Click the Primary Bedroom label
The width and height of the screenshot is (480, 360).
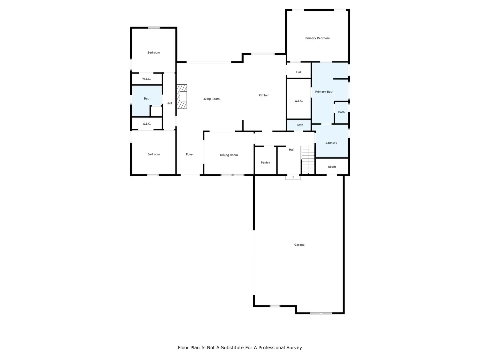[317, 38]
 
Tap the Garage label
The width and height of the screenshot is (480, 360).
[299, 245]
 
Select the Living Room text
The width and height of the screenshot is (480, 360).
[211, 99]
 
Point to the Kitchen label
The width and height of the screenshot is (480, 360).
[264, 95]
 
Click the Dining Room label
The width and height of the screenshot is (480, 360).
[229, 155]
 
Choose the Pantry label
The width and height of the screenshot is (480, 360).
[265, 163]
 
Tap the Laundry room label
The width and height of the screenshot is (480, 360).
[331, 143]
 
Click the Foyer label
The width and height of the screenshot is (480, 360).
[190, 154]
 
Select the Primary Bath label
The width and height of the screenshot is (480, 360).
[324, 92]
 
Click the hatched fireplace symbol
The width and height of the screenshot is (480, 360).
[182, 97]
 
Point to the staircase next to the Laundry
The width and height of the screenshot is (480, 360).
[308, 160]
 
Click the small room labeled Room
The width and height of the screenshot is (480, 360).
[332, 167]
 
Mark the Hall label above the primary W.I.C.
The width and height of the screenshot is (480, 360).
[298, 72]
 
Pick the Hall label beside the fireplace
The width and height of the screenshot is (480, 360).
[169, 103]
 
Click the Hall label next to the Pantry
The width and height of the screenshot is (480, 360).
[291, 150]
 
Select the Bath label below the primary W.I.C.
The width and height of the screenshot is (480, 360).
[300, 125]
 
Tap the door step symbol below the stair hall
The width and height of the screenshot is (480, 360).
[293, 178]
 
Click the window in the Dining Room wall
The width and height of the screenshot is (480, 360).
[232, 175]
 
